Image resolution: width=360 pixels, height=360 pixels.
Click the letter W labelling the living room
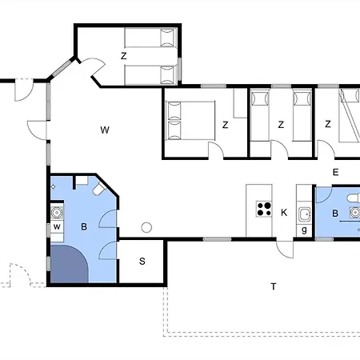(x=105, y=130)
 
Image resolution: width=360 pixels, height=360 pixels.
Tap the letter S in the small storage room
(x=142, y=261)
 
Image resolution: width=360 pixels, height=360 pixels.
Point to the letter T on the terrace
(x=274, y=286)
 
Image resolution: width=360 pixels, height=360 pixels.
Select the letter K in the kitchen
(x=284, y=213)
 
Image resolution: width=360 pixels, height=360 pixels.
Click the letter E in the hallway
(x=336, y=172)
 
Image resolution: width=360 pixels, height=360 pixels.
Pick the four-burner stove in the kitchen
(x=264, y=209)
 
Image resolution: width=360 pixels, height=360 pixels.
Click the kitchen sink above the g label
(x=305, y=214)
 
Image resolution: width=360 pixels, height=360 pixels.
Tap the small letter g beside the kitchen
(x=304, y=230)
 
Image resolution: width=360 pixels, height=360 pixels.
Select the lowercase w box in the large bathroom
(x=57, y=227)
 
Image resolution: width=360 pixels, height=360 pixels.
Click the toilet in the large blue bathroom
(x=100, y=188)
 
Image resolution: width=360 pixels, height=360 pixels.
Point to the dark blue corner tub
(x=69, y=264)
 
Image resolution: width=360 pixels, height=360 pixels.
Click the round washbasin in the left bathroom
(x=57, y=213)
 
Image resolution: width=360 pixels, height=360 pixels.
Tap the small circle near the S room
(x=146, y=227)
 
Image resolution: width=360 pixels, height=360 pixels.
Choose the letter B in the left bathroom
(x=84, y=226)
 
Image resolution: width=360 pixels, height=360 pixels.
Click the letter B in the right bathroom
(x=335, y=214)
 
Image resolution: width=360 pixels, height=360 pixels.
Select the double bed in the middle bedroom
(x=190, y=120)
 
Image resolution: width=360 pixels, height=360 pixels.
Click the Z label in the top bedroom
(x=123, y=56)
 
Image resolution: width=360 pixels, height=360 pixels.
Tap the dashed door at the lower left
(x=21, y=275)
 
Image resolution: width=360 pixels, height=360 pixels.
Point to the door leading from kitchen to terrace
(x=285, y=250)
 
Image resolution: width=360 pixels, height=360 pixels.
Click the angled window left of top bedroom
(x=62, y=68)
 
